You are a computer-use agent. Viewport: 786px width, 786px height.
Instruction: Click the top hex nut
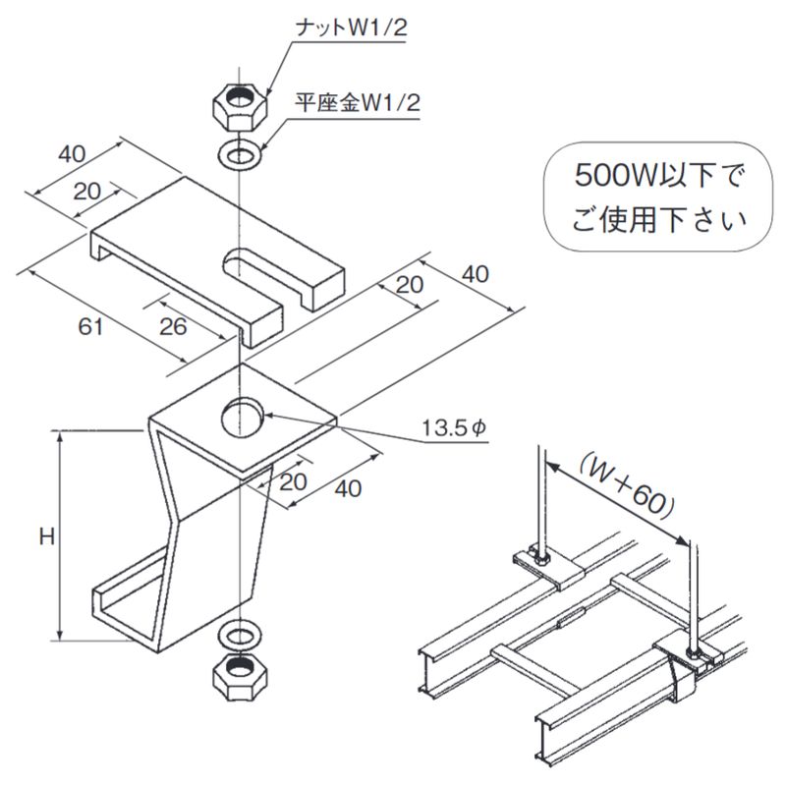point(239,102)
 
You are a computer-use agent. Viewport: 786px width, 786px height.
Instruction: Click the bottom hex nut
point(239,676)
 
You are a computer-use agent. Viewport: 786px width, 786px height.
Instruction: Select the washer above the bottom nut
point(239,631)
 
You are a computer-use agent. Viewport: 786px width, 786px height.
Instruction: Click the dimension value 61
point(91,328)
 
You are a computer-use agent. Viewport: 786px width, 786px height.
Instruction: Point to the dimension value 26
point(173,327)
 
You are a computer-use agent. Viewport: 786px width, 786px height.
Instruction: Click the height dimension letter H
point(45,535)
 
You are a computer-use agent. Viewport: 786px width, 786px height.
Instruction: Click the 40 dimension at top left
point(72,154)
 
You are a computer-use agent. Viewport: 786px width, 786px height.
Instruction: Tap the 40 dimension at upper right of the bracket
point(475,274)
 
